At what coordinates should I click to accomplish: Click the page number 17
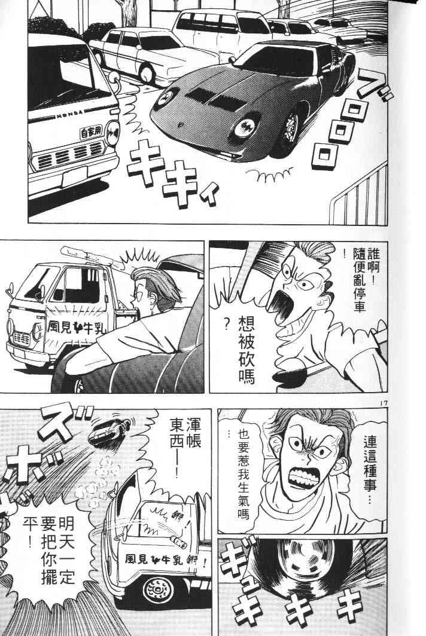tap(384, 403)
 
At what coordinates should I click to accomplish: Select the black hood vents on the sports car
tap(212, 99)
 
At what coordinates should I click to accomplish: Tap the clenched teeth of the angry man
tap(303, 479)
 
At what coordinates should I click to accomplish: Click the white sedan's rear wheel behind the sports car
tap(147, 75)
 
